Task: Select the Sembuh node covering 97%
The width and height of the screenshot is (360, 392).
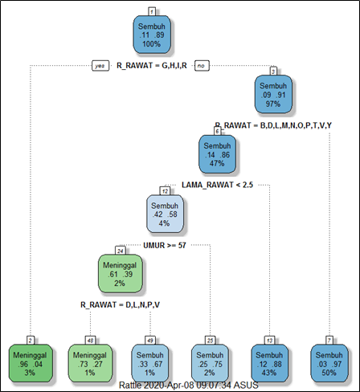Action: pos(274,95)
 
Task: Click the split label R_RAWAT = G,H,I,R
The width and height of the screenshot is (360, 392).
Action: pos(152,66)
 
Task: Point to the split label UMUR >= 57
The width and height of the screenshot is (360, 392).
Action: pos(165,244)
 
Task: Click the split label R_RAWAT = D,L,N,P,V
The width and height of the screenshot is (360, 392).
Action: pos(120,304)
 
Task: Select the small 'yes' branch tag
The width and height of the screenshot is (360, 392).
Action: pos(100,66)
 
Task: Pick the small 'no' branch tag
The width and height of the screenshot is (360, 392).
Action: pos(202,66)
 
